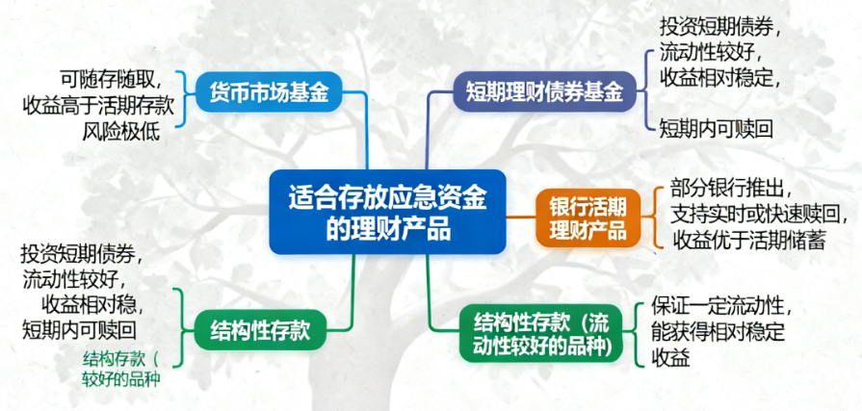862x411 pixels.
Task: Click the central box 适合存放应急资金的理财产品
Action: [387, 212]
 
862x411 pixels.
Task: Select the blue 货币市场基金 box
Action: [269, 91]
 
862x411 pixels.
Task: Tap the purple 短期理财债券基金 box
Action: [544, 91]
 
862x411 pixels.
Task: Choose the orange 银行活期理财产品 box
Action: [588, 218]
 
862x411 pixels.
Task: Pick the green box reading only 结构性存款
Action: [260, 330]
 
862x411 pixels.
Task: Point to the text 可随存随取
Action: [111, 81]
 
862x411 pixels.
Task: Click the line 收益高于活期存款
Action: [98, 107]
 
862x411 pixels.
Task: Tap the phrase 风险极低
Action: [121, 132]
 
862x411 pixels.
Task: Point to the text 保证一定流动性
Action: [724, 305]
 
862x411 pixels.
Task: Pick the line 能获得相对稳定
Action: [718, 332]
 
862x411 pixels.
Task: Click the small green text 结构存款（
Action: [120, 359]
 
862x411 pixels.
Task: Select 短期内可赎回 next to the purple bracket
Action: [717, 130]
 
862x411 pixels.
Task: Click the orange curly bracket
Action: [654, 218]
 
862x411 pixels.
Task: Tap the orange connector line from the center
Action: [521, 218]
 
